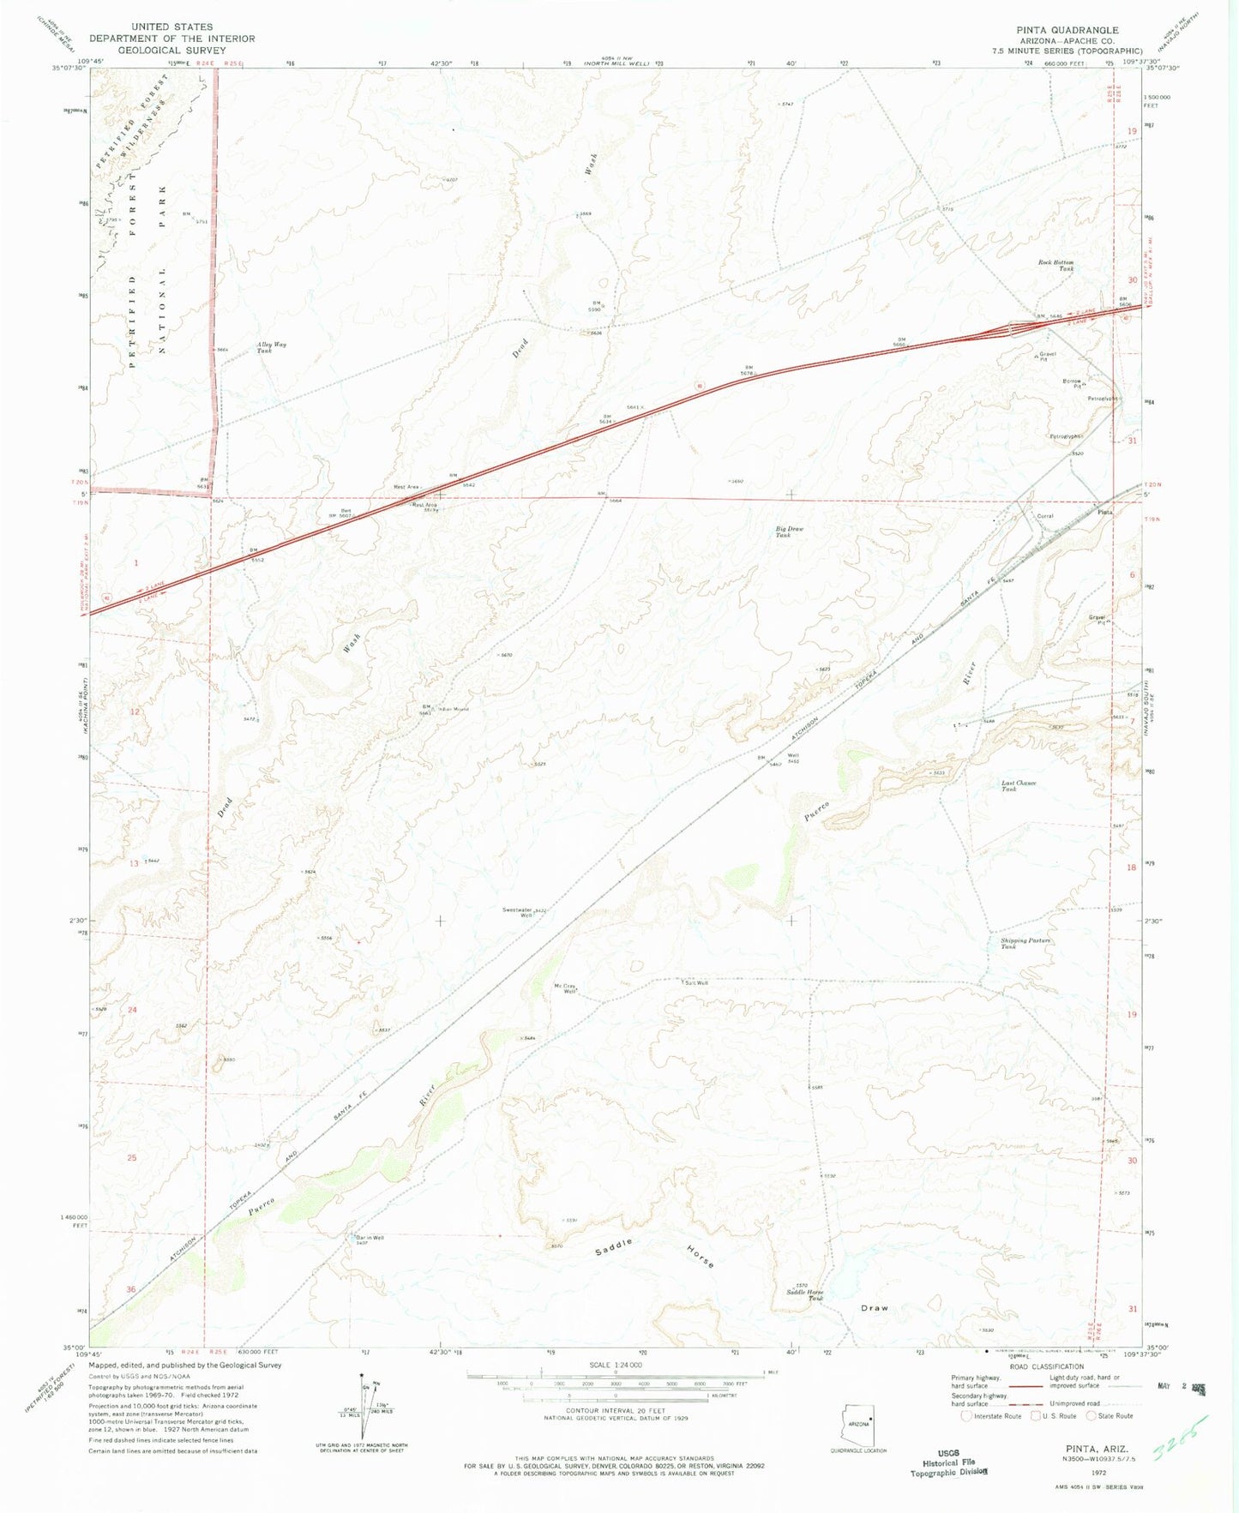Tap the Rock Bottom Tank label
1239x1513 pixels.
tap(1056, 265)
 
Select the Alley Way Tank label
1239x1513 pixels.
tap(271, 347)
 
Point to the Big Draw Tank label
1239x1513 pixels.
tap(789, 531)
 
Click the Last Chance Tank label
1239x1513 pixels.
tap(1019, 785)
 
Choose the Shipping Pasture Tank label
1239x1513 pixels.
tap(1025, 943)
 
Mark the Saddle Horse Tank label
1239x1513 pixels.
tap(804, 1294)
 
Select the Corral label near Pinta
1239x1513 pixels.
tap(1044, 516)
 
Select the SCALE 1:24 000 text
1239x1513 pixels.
tap(615, 1365)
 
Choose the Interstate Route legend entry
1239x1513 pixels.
tap(994, 1415)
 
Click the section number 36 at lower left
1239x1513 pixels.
tap(131, 1289)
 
